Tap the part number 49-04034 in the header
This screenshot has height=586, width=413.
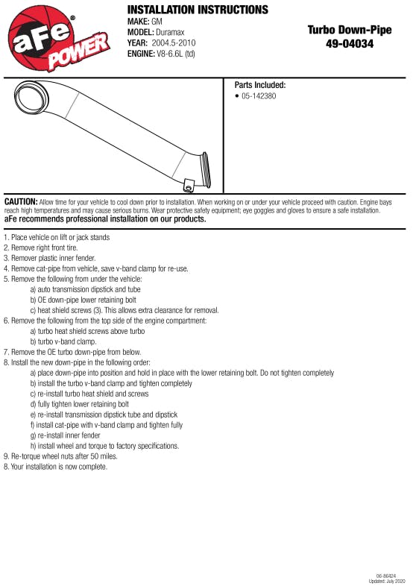pos(350,44)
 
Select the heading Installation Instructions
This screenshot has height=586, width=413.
pos(198,10)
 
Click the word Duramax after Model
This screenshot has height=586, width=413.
pos(170,32)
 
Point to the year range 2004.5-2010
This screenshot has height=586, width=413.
pos(174,42)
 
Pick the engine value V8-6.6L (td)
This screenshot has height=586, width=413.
pos(176,54)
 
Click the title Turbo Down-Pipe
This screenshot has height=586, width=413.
pos(350,30)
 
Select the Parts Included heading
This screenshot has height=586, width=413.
pos(260,85)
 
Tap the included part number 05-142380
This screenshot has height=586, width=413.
pos(259,96)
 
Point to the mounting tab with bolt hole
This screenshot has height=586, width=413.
pos(189,186)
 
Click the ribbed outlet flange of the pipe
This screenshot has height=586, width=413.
pos(205,170)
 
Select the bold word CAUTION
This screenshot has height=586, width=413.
pos(21,202)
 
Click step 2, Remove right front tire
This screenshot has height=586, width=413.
pos(41,248)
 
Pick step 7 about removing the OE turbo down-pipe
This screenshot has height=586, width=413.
pos(72,352)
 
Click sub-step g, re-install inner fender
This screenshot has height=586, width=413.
pos(66,435)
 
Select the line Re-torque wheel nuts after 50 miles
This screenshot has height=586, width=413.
pos(60,456)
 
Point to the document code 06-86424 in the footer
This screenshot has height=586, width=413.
pos(386,576)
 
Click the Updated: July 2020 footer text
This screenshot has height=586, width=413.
pos(387,581)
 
